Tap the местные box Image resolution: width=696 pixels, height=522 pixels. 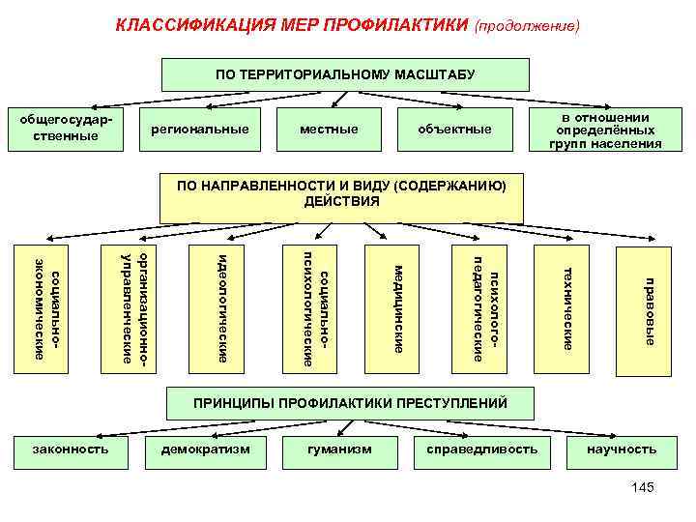[x=329, y=130]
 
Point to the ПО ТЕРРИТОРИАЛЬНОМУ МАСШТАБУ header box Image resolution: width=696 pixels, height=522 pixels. [x=345, y=74]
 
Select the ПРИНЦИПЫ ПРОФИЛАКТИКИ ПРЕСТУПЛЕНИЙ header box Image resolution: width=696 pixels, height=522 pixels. [x=350, y=402]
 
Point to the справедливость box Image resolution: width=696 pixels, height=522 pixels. [x=476, y=449]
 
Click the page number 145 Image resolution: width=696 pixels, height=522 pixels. [x=642, y=487]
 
